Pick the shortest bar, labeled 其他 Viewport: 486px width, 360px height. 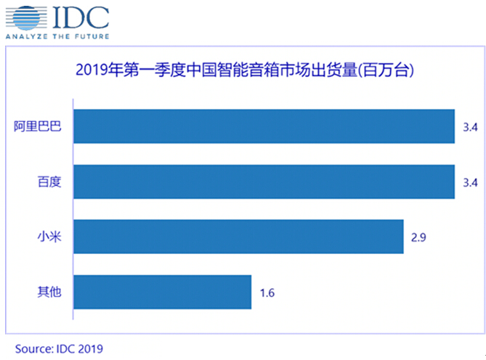coord(163,292)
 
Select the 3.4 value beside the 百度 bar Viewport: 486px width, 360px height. coord(469,182)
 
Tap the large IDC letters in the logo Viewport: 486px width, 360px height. coord(80,15)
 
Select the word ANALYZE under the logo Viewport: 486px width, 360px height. coord(25,36)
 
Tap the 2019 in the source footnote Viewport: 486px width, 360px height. coord(91,348)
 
